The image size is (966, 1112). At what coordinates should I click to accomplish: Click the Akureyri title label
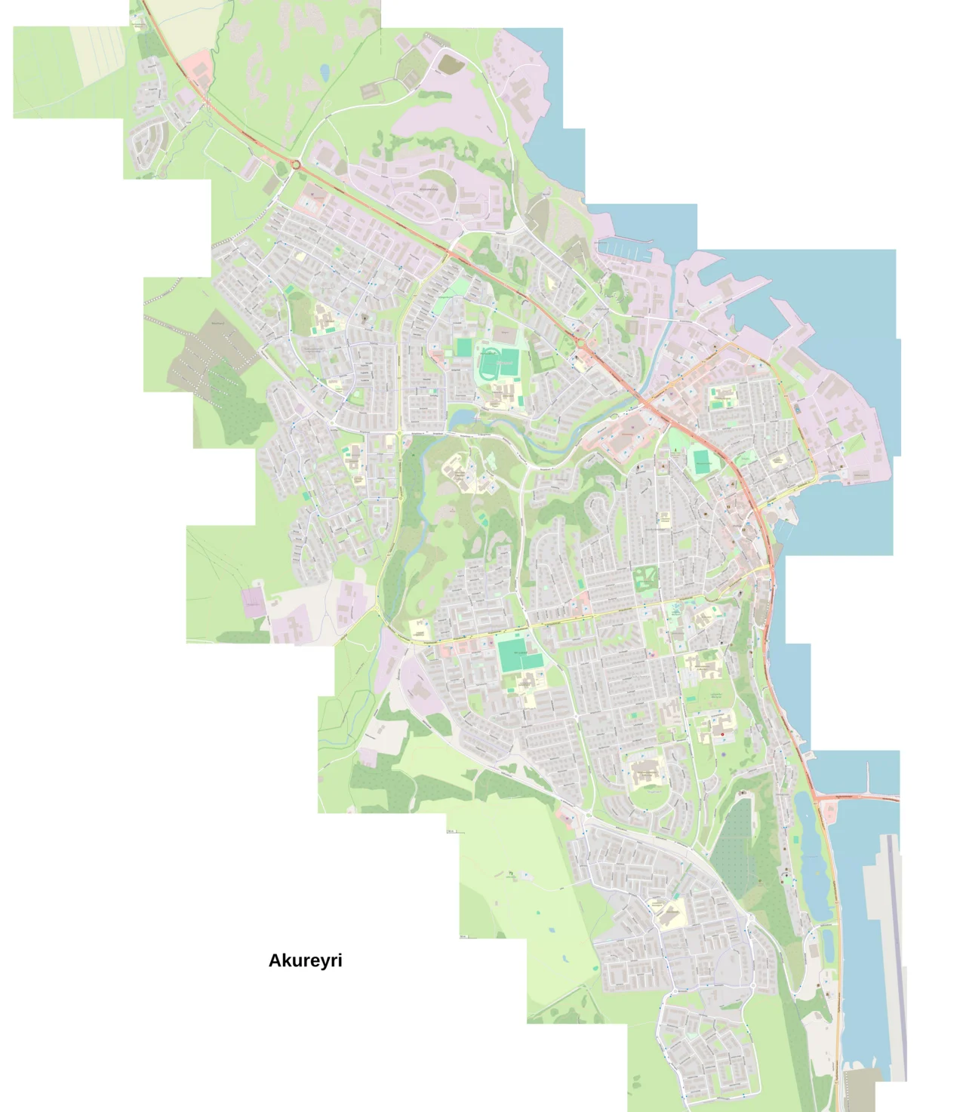305,960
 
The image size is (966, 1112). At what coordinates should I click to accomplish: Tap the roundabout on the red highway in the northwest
296,164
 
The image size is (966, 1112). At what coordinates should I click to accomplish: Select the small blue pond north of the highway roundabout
325,72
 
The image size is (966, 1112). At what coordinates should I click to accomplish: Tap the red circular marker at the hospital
722,734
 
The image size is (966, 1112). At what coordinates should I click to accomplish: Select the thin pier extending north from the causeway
868,777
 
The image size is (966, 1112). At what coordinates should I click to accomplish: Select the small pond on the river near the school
462,417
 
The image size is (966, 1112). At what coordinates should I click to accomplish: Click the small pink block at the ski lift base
252,601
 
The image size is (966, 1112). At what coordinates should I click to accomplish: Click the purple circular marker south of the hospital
723,753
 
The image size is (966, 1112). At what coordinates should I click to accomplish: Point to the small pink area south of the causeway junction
829,812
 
